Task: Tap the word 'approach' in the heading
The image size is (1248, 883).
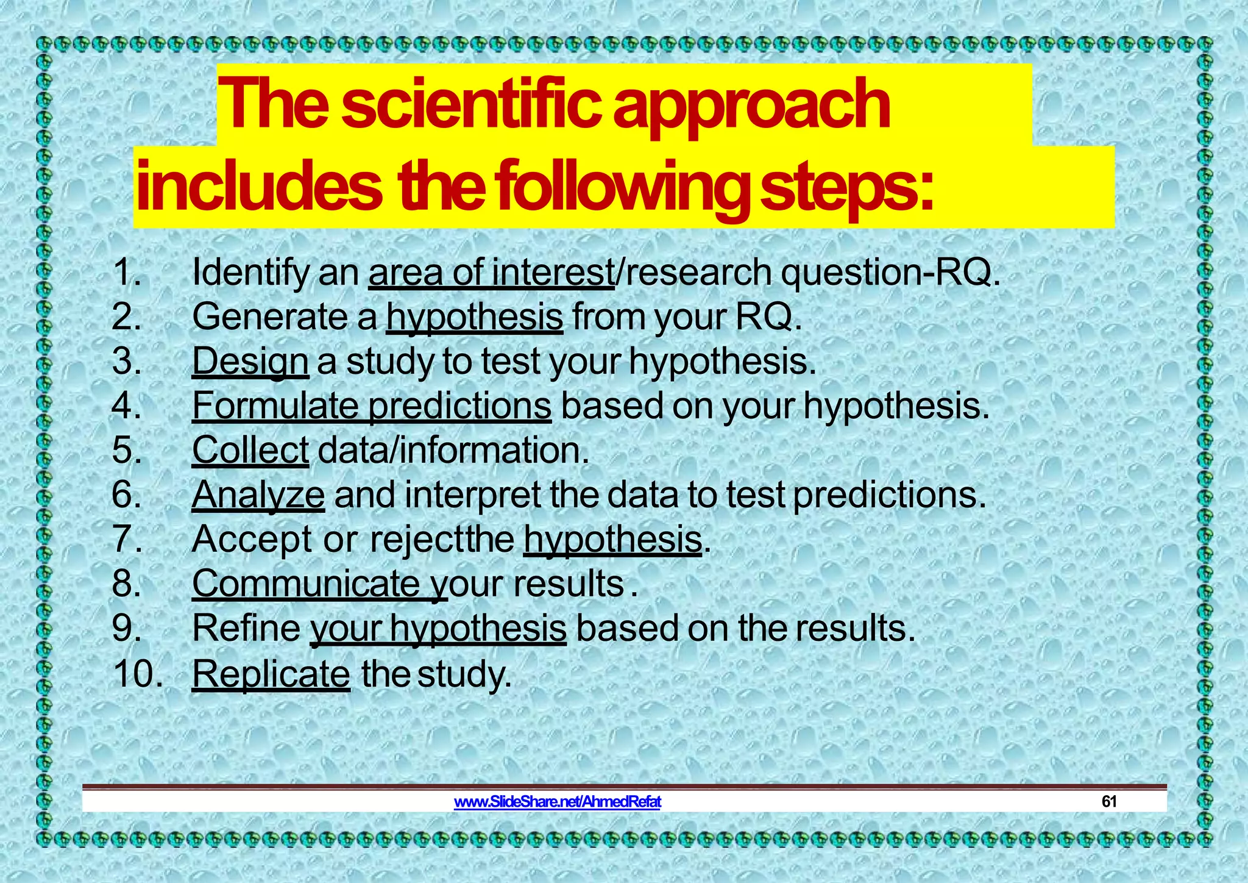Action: (751, 107)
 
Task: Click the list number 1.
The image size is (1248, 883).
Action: (127, 272)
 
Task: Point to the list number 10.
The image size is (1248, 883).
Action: (138, 674)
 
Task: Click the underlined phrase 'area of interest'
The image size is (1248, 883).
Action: (491, 272)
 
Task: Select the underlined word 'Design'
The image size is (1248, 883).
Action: (250, 361)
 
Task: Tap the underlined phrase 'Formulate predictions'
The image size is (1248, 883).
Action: (372, 406)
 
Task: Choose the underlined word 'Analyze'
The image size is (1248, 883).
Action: (258, 495)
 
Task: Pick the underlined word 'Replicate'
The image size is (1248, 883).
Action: (271, 674)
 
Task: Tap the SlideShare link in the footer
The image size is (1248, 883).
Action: (557, 801)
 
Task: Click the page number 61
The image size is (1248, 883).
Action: (1108, 801)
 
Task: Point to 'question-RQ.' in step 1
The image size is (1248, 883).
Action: (890, 272)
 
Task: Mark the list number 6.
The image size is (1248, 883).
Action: (127, 495)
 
